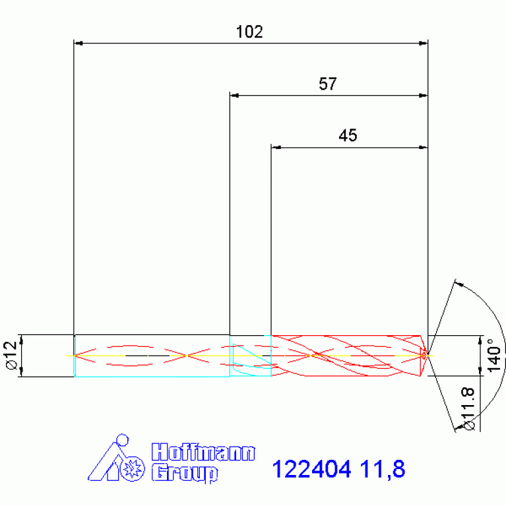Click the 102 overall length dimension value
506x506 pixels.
click(x=249, y=32)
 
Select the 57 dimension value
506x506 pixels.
click(x=328, y=84)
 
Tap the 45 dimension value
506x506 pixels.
click(x=348, y=136)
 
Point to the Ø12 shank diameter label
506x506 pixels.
click(x=11, y=356)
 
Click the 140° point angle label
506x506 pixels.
click(x=491, y=356)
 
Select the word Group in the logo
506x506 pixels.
click(x=184, y=473)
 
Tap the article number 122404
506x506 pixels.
click(x=313, y=470)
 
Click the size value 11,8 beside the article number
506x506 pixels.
click(x=382, y=470)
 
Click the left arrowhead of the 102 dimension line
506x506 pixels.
click(x=78, y=44)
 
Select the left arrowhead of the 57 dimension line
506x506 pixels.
click(x=234, y=96)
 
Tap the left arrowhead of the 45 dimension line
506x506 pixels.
click(x=275, y=147)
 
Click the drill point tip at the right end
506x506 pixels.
click(x=426, y=355)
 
